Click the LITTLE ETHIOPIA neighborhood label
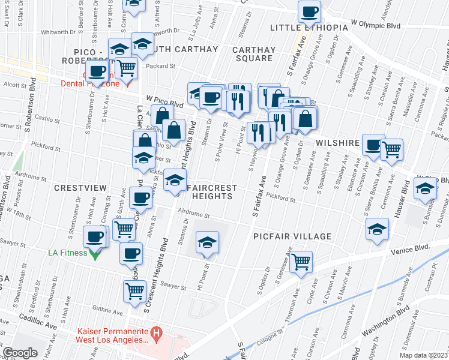[309, 28]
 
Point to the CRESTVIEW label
[80, 188]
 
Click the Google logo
[20, 353]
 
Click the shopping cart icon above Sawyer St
[134, 291]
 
